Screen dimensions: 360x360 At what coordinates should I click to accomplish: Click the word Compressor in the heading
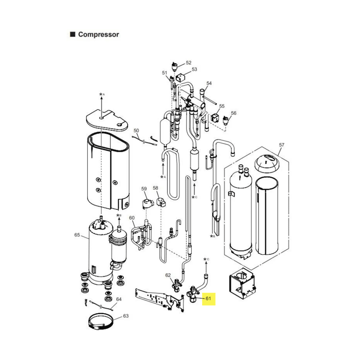[x=99, y=35]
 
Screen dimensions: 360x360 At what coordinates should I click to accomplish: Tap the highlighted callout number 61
[x=208, y=298]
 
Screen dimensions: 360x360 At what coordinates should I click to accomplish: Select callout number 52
[x=189, y=63]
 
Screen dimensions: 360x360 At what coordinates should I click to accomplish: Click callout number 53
[x=194, y=69]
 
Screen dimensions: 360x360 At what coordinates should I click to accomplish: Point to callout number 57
[x=282, y=145]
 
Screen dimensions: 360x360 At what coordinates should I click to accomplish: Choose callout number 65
[x=77, y=235]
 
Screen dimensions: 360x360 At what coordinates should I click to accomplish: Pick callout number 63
[x=126, y=316]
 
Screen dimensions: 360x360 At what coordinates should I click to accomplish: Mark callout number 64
[x=119, y=299]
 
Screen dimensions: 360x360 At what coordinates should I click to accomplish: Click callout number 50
[x=136, y=130]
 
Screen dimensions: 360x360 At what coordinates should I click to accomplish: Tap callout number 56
[x=234, y=113]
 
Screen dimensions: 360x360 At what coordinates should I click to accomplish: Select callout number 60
[x=132, y=218]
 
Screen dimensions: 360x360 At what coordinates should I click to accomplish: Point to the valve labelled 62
[x=177, y=285]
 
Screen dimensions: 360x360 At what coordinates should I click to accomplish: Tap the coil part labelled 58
[x=162, y=202]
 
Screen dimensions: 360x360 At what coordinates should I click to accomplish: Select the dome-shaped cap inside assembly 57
[x=267, y=163]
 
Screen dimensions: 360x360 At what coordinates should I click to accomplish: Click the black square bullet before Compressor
[x=72, y=35]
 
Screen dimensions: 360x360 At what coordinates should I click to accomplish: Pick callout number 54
[x=209, y=83]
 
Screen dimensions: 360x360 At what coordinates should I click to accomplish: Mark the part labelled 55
[x=215, y=117]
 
